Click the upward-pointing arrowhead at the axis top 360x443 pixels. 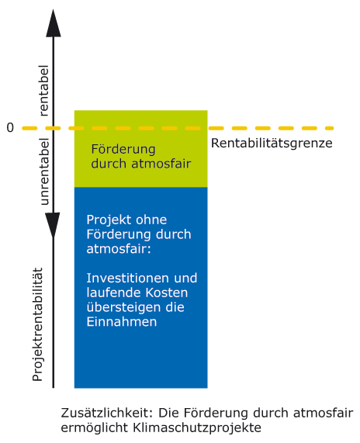[x=54, y=23]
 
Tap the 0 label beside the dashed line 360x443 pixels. [x=10, y=128]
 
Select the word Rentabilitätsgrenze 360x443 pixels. [x=272, y=144]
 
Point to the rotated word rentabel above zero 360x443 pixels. [x=43, y=91]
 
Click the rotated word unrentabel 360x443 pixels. [x=44, y=171]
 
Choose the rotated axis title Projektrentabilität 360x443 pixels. [x=37, y=324]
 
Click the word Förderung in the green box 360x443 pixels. [x=123, y=149]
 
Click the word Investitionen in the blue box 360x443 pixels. [x=128, y=278]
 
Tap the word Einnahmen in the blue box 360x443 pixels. [x=122, y=322]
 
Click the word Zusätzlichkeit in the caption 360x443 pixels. [x=107, y=413]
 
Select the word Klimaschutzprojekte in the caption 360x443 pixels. [x=197, y=427]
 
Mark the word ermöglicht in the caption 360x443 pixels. [x=95, y=428]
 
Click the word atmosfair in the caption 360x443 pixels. [x=324, y=413]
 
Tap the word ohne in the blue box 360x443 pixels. [x=148, y=220]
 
